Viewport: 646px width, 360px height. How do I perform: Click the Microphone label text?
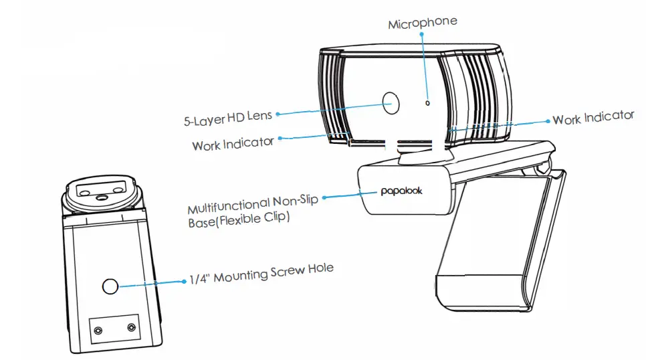point(423,23)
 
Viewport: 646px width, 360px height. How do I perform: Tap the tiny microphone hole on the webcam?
point(427,103)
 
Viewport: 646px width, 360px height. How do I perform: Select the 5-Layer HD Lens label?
point(228,118)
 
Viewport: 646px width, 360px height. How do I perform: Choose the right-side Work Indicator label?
point(593,118)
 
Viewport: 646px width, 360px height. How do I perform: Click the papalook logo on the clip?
point(401,191)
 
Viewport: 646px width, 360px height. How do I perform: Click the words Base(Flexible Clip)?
point(239,220)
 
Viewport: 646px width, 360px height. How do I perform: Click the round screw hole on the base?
point(110,287)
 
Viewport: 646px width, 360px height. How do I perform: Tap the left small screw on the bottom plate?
point(98,330)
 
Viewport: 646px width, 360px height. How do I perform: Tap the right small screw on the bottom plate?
point(130,328)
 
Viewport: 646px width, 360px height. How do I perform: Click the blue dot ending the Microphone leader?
point(423,35)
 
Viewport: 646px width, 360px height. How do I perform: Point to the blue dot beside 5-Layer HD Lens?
point(278,113)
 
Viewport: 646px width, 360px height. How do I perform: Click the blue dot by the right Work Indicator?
point(548,121)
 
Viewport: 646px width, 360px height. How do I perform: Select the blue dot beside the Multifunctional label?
point(325,197)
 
